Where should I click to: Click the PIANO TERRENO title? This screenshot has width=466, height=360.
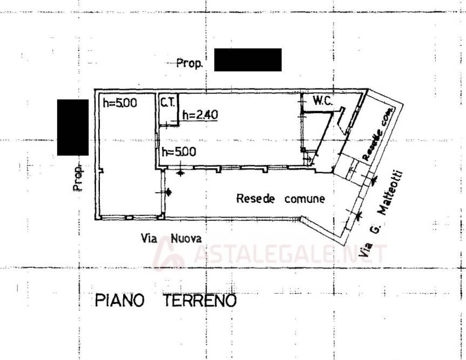[166, 300]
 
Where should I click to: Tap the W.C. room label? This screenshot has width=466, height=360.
[322, 100]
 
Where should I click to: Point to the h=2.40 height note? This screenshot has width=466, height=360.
[200, 115]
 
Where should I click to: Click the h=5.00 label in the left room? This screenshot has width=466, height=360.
[120, 103]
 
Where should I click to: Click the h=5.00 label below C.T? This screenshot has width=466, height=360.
[178, 152]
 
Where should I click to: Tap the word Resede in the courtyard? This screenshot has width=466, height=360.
[255, 199]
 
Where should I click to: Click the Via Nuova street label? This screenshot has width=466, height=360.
[171, 238]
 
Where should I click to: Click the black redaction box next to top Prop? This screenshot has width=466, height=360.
[248, 60]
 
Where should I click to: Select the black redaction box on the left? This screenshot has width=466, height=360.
[73, 127]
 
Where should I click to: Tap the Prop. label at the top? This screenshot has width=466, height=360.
[190, 64]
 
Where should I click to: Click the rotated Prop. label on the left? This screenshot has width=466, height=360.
[78, 178]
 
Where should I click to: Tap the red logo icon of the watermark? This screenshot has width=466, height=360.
[169, 254]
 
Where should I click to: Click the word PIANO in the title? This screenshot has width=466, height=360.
[120, 300]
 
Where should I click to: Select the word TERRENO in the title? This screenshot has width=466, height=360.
[200, 300]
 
